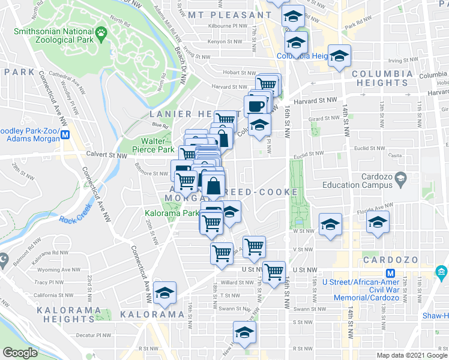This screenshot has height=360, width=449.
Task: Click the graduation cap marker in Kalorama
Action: pos(164,293)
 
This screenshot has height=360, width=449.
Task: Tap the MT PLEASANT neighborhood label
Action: pos(225,14)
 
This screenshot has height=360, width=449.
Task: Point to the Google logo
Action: pos(21,352)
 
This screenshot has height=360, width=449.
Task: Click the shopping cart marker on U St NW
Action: pos(274,271)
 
